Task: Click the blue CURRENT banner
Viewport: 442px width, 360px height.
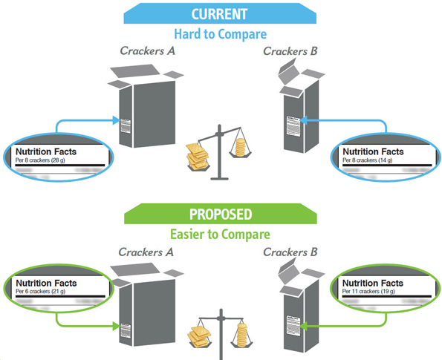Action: pyautogui.click(x=220, y=13)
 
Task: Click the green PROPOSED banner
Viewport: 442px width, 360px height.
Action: pyautogui.click(x=220, y=215)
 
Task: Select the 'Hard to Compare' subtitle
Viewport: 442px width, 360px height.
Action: pyautogui.click(x=220, y=33)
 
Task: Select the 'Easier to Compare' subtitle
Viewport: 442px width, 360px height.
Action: pyautogui.click(x=220, y=235)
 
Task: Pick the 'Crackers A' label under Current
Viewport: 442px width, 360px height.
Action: pyautogui.click(x=148, y=51)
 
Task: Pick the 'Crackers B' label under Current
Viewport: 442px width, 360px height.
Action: pyautogui.click(x=291, y=51)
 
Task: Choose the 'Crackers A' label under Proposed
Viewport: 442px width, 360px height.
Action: pyautogui.click(x=148, y=252)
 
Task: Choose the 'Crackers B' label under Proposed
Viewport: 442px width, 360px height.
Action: pyautogui.click(x=291, y=252)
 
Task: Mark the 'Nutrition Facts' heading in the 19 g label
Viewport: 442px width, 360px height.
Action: pyautogui.click(x=372, y=283)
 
